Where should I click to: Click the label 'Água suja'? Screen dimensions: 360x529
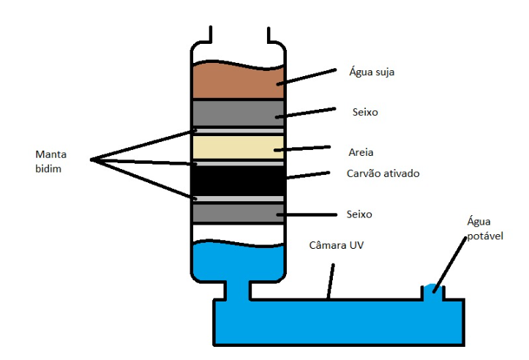(x=373, y=72)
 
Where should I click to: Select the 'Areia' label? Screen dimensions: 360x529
(x=361, y=154)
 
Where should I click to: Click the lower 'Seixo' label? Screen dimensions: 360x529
(x=359, y=214)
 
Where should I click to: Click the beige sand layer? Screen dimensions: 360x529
(x=237, y=146)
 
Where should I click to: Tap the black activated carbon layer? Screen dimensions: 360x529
(x=237, y=179)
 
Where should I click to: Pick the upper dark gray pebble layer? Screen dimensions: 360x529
(x=237, y=113)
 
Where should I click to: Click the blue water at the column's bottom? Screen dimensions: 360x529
(x=237, y=263)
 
